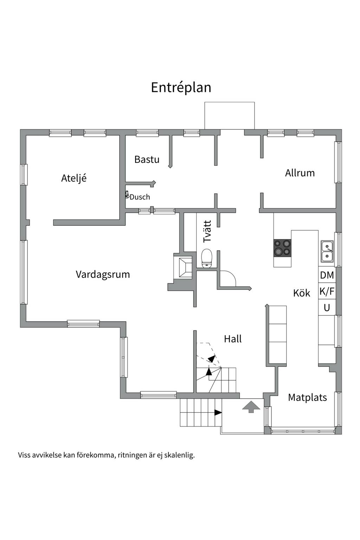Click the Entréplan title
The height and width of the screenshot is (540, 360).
click(x=181, y=88)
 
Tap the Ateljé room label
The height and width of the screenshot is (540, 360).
click(x=74, y=178)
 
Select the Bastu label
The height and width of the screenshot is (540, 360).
click(x=147, y=159)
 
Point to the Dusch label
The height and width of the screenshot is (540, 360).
click(x=140, y=197)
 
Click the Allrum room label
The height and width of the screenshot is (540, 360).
click(x=300, y=173)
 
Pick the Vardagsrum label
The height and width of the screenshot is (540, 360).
click(x=103, y=274)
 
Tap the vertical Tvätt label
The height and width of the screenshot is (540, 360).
click(x=207, y=231)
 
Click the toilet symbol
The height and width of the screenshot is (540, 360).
click(x=207, y=258)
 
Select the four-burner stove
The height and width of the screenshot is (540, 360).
click(x=282, y=248)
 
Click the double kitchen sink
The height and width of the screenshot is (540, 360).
click(x=327, y=251)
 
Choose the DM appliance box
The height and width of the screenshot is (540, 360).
click(x=327, y=275)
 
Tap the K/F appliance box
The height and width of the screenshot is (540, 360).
click(x=327, y=291)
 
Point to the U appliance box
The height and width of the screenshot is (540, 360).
click(x=327, y=307)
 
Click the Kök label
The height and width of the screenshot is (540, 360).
click(x=302, y=293)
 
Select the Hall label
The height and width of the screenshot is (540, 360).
click(x=233, y=339)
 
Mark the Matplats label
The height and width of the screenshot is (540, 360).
click(x=307, y=398)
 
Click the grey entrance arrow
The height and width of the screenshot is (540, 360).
click(x=251, y=407)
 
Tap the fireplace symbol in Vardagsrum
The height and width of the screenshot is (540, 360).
click(x=185, y=267)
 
